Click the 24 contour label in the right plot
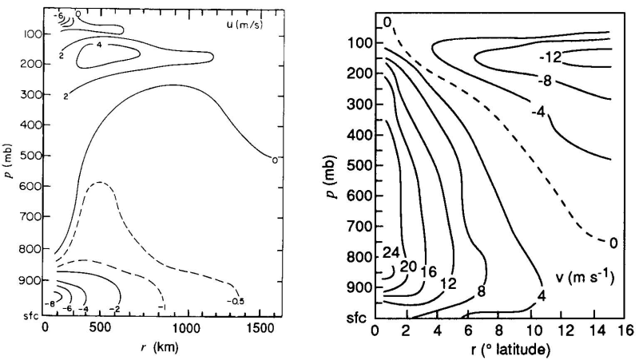click(x=391, y=253)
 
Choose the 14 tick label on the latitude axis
click(x=593, y=330)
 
